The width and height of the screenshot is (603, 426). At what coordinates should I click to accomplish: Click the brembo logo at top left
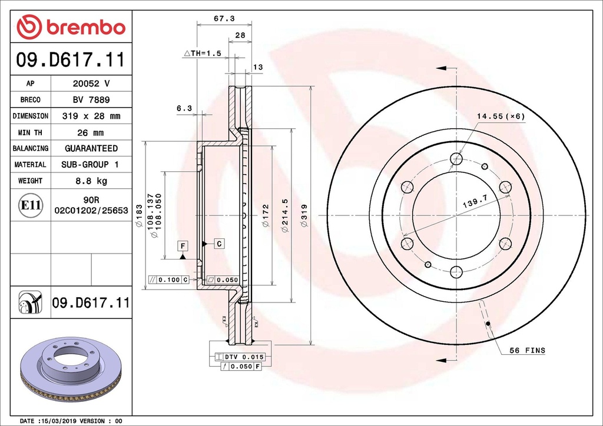(x=71, y=27)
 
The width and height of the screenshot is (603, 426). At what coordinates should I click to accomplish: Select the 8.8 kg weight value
(x=91, y=181)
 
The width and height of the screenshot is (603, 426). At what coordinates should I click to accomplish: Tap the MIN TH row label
(x=30, y=132)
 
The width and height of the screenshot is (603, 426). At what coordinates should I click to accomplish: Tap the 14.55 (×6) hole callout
(x=501, y=116)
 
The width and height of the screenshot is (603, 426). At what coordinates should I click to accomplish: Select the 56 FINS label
(x=527, y=351)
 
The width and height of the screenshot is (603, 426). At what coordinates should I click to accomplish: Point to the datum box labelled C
(x=218, y=243)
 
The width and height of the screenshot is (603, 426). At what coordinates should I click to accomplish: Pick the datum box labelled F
(x=183, y=245)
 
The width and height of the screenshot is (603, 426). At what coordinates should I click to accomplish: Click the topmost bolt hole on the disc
(x=456, y=158)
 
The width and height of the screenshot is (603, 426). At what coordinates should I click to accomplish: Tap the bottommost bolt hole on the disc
(x=456, y=272)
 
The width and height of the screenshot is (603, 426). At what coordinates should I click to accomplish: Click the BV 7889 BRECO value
(x=91, y=100)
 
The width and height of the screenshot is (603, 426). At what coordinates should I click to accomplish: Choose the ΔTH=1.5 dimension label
(x=203, y=54)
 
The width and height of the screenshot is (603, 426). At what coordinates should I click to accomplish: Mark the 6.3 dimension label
(x=184, y=108)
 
